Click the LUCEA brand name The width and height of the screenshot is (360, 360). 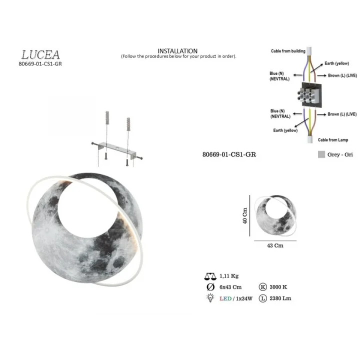click(x=40, y=54)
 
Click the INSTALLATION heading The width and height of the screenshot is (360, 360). click(x=177, y=50)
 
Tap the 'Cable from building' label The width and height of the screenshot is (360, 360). click(x=288, y=51)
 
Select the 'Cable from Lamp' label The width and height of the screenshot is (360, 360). click(x=333, y=140)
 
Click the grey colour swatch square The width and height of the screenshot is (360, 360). click(x=321, y=154)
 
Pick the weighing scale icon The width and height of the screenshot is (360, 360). click(x=210, y=276)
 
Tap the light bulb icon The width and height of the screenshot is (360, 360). click(x=210, y=298)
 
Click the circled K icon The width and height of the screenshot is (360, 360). click(x=262, y=287)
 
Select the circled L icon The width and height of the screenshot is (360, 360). click(x=262, y=298)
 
